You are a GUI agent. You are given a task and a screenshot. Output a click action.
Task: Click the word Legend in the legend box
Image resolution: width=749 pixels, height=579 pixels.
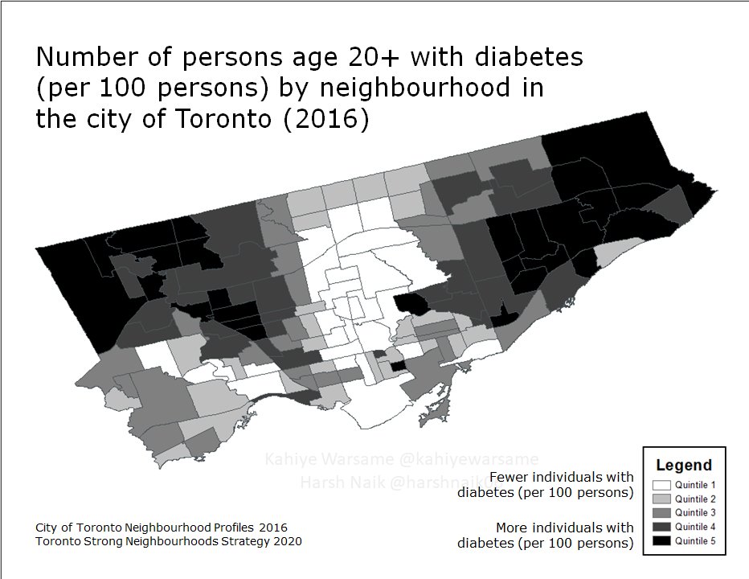tap(684, 465)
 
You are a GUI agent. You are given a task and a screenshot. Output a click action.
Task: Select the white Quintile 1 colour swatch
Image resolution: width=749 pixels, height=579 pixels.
tap(661, 486)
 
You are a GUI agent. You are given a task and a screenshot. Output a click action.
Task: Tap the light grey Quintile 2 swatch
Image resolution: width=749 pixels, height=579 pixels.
tap(661, 499)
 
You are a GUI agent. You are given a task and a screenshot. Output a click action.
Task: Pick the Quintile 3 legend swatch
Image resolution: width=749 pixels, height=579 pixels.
tap(661, 513)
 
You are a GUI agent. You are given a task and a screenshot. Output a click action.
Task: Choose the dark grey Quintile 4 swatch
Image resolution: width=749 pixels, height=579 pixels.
tap(661, 527)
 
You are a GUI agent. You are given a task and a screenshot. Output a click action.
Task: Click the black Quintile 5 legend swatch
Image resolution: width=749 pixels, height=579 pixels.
tap(661, 540)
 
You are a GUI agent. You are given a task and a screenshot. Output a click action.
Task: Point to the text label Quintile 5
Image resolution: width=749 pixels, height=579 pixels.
tap(695, 540)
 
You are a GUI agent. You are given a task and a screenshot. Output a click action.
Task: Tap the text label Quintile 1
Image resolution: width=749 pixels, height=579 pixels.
tap(695, 486)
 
